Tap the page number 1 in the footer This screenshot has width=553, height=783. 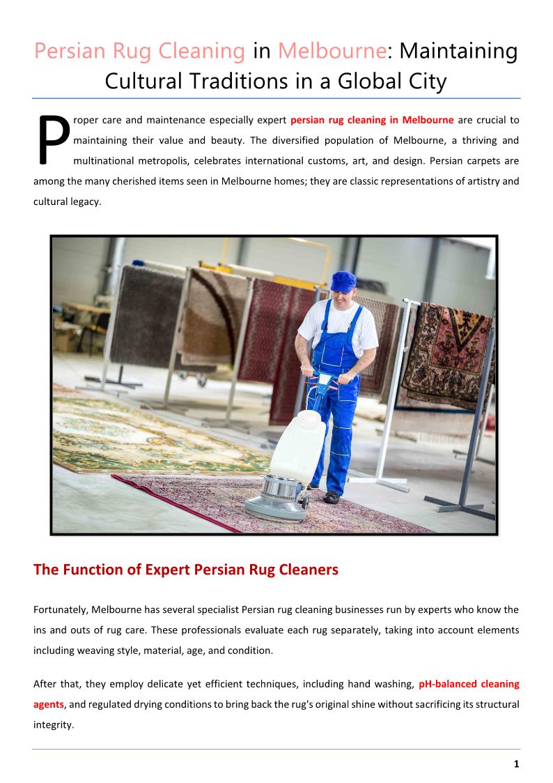click(516, 764)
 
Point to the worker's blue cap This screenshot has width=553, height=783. click(343, 281)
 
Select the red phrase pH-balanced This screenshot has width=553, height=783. click(446, 684)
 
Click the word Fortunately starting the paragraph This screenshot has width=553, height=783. click(60, 609)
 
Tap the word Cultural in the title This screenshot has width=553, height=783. click(143, 82)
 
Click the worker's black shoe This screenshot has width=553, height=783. click(332, 497)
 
